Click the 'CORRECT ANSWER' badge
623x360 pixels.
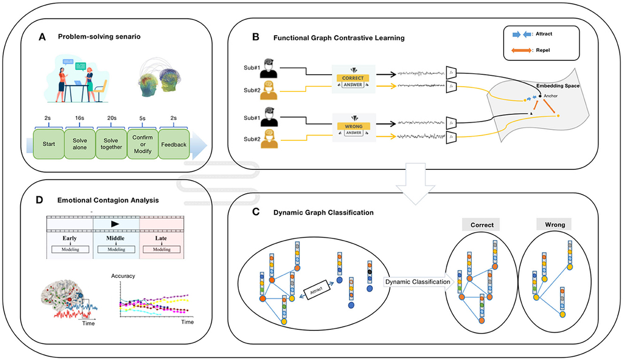(354, 76)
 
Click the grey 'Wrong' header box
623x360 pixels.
(553, 224)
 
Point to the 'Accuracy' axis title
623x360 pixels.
(123, 276)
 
